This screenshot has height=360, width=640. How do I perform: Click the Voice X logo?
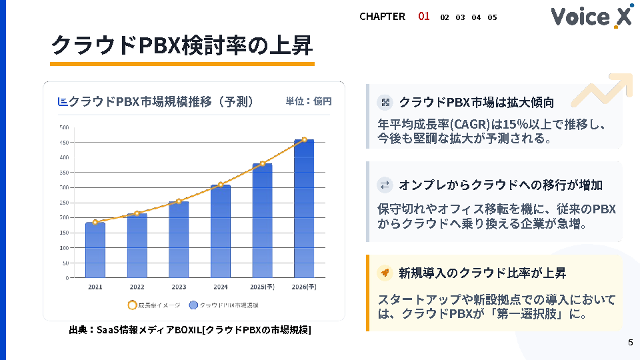click(x=591, y=17)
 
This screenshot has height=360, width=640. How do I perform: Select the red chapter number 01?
click(x=424, y=16)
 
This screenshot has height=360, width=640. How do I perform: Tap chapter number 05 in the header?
click(x=492, y=17)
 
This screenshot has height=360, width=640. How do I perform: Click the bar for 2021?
click(x=95, y=250)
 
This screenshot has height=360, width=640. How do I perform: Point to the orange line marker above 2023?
click(x=179, y=201)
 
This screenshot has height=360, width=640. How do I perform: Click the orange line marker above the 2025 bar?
click(x=263, y=163)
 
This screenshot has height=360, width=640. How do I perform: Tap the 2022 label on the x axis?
click(x=137, y=287)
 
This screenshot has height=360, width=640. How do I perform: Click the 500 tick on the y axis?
click(x=64, y=127)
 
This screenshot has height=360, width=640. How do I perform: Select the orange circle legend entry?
click(x=132, y=305)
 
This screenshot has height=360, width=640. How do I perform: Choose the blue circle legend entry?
click(x=193, y=305)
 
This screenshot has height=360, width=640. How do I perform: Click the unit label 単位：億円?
click(x=309, y=101)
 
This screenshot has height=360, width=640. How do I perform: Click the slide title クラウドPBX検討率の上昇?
click(x=181, y=45)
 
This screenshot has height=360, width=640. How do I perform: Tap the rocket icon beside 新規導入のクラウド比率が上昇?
click(x=385, y=273)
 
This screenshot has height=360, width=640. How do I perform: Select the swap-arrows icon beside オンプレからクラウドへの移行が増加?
click(x=385, y=185)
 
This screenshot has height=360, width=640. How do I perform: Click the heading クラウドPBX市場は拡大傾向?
click(x=476, y=103)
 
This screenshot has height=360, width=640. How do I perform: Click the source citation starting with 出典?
click(x=190, y=330)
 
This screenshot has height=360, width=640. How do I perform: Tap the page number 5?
click(x=630, y=343)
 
